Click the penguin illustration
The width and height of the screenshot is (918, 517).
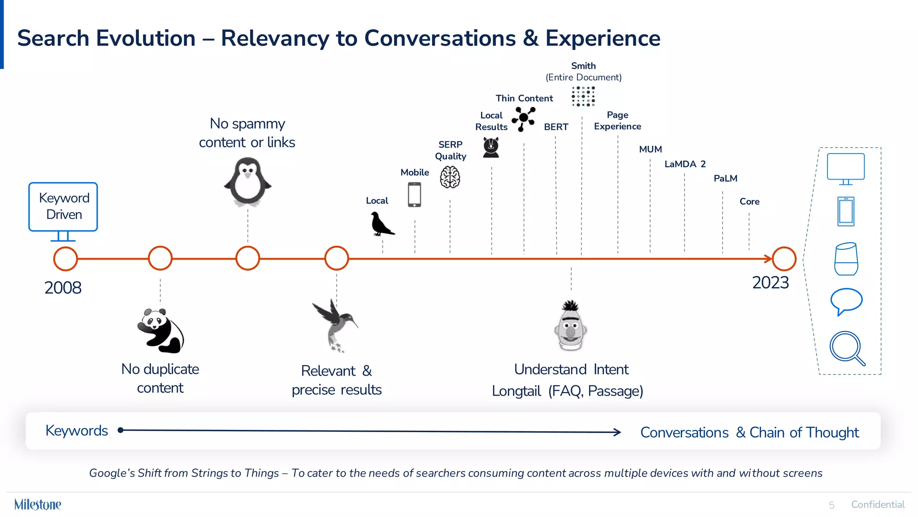point(247,182)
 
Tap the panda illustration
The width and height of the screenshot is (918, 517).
point(160,330)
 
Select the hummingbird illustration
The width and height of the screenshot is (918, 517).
point(335,325)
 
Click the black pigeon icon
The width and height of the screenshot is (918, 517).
point(381,224)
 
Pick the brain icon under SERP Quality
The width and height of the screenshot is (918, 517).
point(450,177)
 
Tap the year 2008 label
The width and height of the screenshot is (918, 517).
point(63,288)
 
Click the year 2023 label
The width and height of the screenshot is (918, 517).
point(770,283)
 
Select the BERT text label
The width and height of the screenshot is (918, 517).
point(556,127)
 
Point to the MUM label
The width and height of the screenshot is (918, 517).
point(650,149)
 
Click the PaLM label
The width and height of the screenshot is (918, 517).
point(725,179)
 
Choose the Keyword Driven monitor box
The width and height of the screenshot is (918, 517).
point(63,207)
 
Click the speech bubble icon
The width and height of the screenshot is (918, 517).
point(846,301)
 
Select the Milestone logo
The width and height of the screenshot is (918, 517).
point(38,504)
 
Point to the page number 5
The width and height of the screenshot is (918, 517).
point(831,505)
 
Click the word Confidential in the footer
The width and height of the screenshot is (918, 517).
point(878,505)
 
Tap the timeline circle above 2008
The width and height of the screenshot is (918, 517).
point(65,259)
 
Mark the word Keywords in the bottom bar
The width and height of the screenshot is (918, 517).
point(77,431)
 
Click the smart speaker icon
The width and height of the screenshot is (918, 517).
point(846,259)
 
